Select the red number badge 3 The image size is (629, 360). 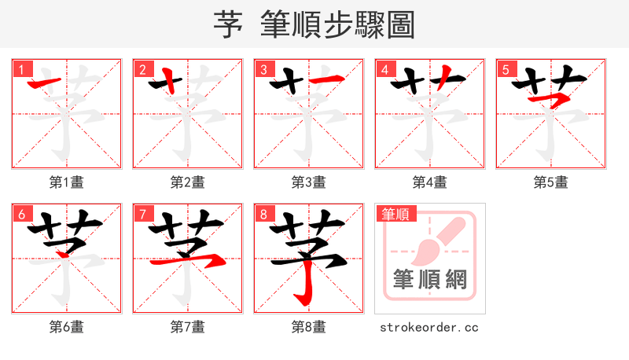pos(263,69)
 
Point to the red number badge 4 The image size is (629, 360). pos(384,69)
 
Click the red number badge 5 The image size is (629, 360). pos(505,69)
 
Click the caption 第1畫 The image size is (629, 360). pos(67,182)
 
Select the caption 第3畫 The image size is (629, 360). pos(309,182)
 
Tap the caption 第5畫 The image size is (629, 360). pos(550,182)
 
